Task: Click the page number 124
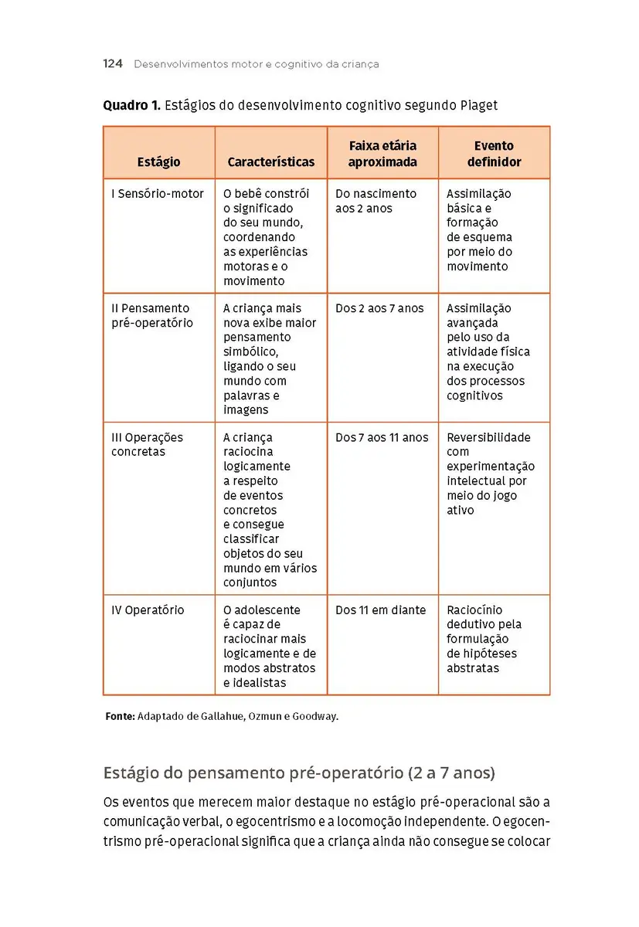[x=113, y=64]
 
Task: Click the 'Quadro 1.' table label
[x=131, y=105]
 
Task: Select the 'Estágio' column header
[x=158, y=162]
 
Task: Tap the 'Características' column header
[x=271, y=162]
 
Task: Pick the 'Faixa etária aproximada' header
[x=382, y=154]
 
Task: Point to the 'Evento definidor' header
[x=494, y=154]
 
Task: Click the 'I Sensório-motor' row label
[x=158, y=194]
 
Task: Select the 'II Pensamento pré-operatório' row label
[x=152, y=315]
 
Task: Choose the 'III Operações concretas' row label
[x=147, y=444]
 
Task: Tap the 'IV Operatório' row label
[x=148, y=610]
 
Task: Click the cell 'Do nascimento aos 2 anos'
[x=376, y=201]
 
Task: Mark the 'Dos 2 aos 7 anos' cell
[x=379, y=308]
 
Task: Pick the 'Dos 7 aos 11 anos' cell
[x=382, y=437]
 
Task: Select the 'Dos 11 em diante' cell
[x=380, y=610]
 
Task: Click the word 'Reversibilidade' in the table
[x=488, y=437]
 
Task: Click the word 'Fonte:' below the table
[x=120, y=716]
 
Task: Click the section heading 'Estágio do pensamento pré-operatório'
[x=257, y=773]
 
